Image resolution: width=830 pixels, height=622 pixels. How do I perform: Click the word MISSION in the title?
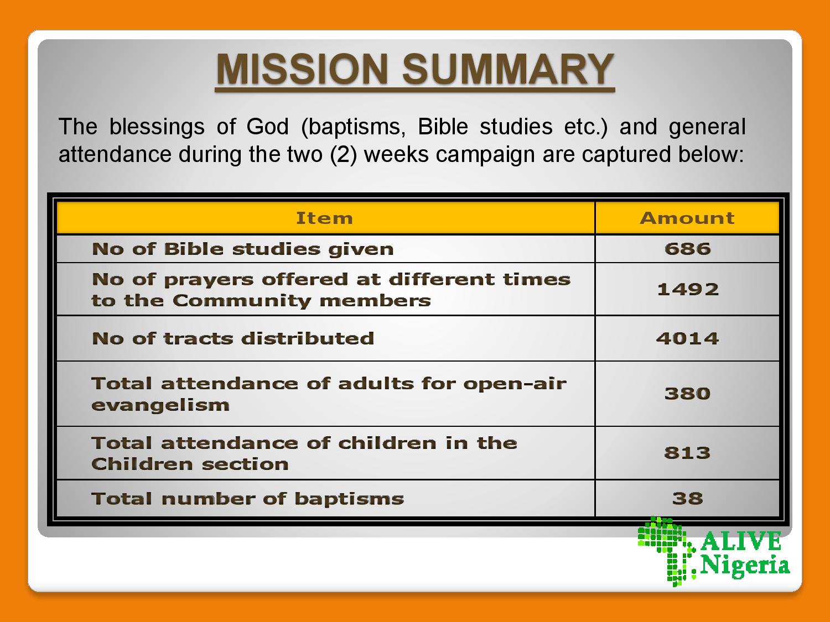303,69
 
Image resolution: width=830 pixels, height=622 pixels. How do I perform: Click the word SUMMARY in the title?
508,69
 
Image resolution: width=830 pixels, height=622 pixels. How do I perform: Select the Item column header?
324,218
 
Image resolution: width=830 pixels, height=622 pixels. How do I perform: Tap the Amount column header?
687,218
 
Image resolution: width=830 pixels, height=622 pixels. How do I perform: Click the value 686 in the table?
687,249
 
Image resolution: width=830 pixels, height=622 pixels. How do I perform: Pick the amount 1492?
688,289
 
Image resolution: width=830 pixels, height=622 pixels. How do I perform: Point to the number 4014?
687,338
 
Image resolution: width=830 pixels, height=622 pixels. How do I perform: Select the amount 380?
687,394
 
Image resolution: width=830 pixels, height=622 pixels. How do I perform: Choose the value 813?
687,453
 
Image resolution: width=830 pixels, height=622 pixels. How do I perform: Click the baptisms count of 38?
687,499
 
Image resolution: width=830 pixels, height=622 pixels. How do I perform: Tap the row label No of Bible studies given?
243,249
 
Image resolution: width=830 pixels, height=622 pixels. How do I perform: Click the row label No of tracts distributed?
233,338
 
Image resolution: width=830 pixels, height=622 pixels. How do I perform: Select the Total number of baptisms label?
248,499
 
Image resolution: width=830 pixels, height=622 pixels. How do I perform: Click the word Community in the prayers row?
242,301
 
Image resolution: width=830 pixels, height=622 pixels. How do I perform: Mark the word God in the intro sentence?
267,126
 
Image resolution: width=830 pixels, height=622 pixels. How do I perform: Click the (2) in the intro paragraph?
344,154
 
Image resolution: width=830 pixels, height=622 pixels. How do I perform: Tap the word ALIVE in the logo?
741,541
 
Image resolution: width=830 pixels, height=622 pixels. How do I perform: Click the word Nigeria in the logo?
745,566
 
